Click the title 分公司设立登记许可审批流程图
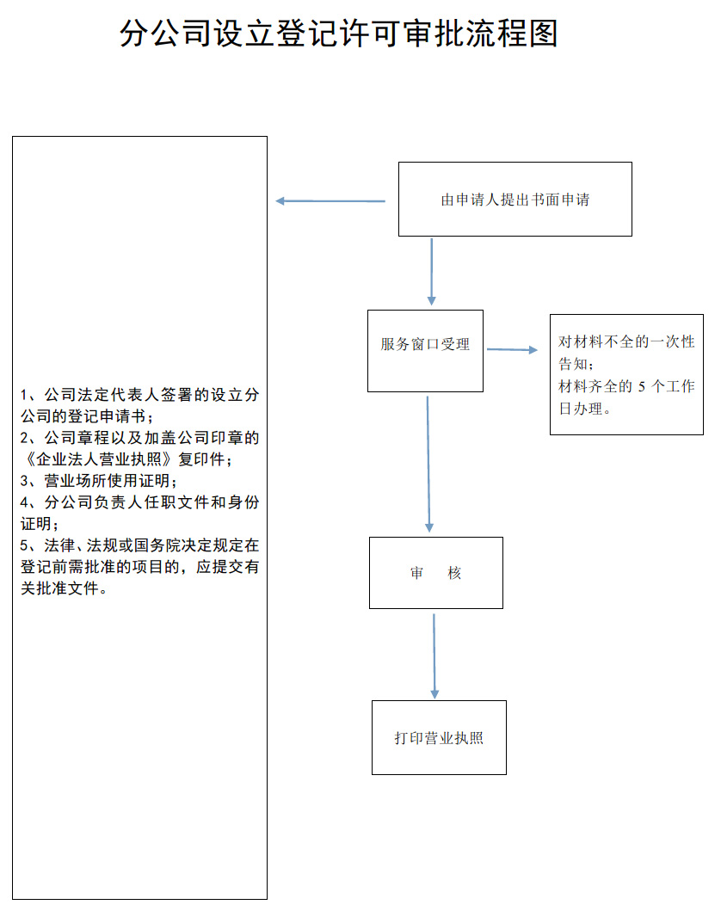point(339,34)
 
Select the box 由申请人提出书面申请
point(515,199)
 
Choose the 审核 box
point(435,573)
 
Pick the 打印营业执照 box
point(439,737)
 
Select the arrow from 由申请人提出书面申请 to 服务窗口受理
point(431,271)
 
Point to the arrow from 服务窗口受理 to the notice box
point(512,349)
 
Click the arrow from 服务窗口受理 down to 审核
point(428,465)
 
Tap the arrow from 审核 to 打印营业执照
point(434,655)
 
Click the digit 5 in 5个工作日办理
point(641,386)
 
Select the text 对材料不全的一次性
point(626,342)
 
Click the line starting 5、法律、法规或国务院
point(139,545)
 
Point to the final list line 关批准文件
point(64,589)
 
